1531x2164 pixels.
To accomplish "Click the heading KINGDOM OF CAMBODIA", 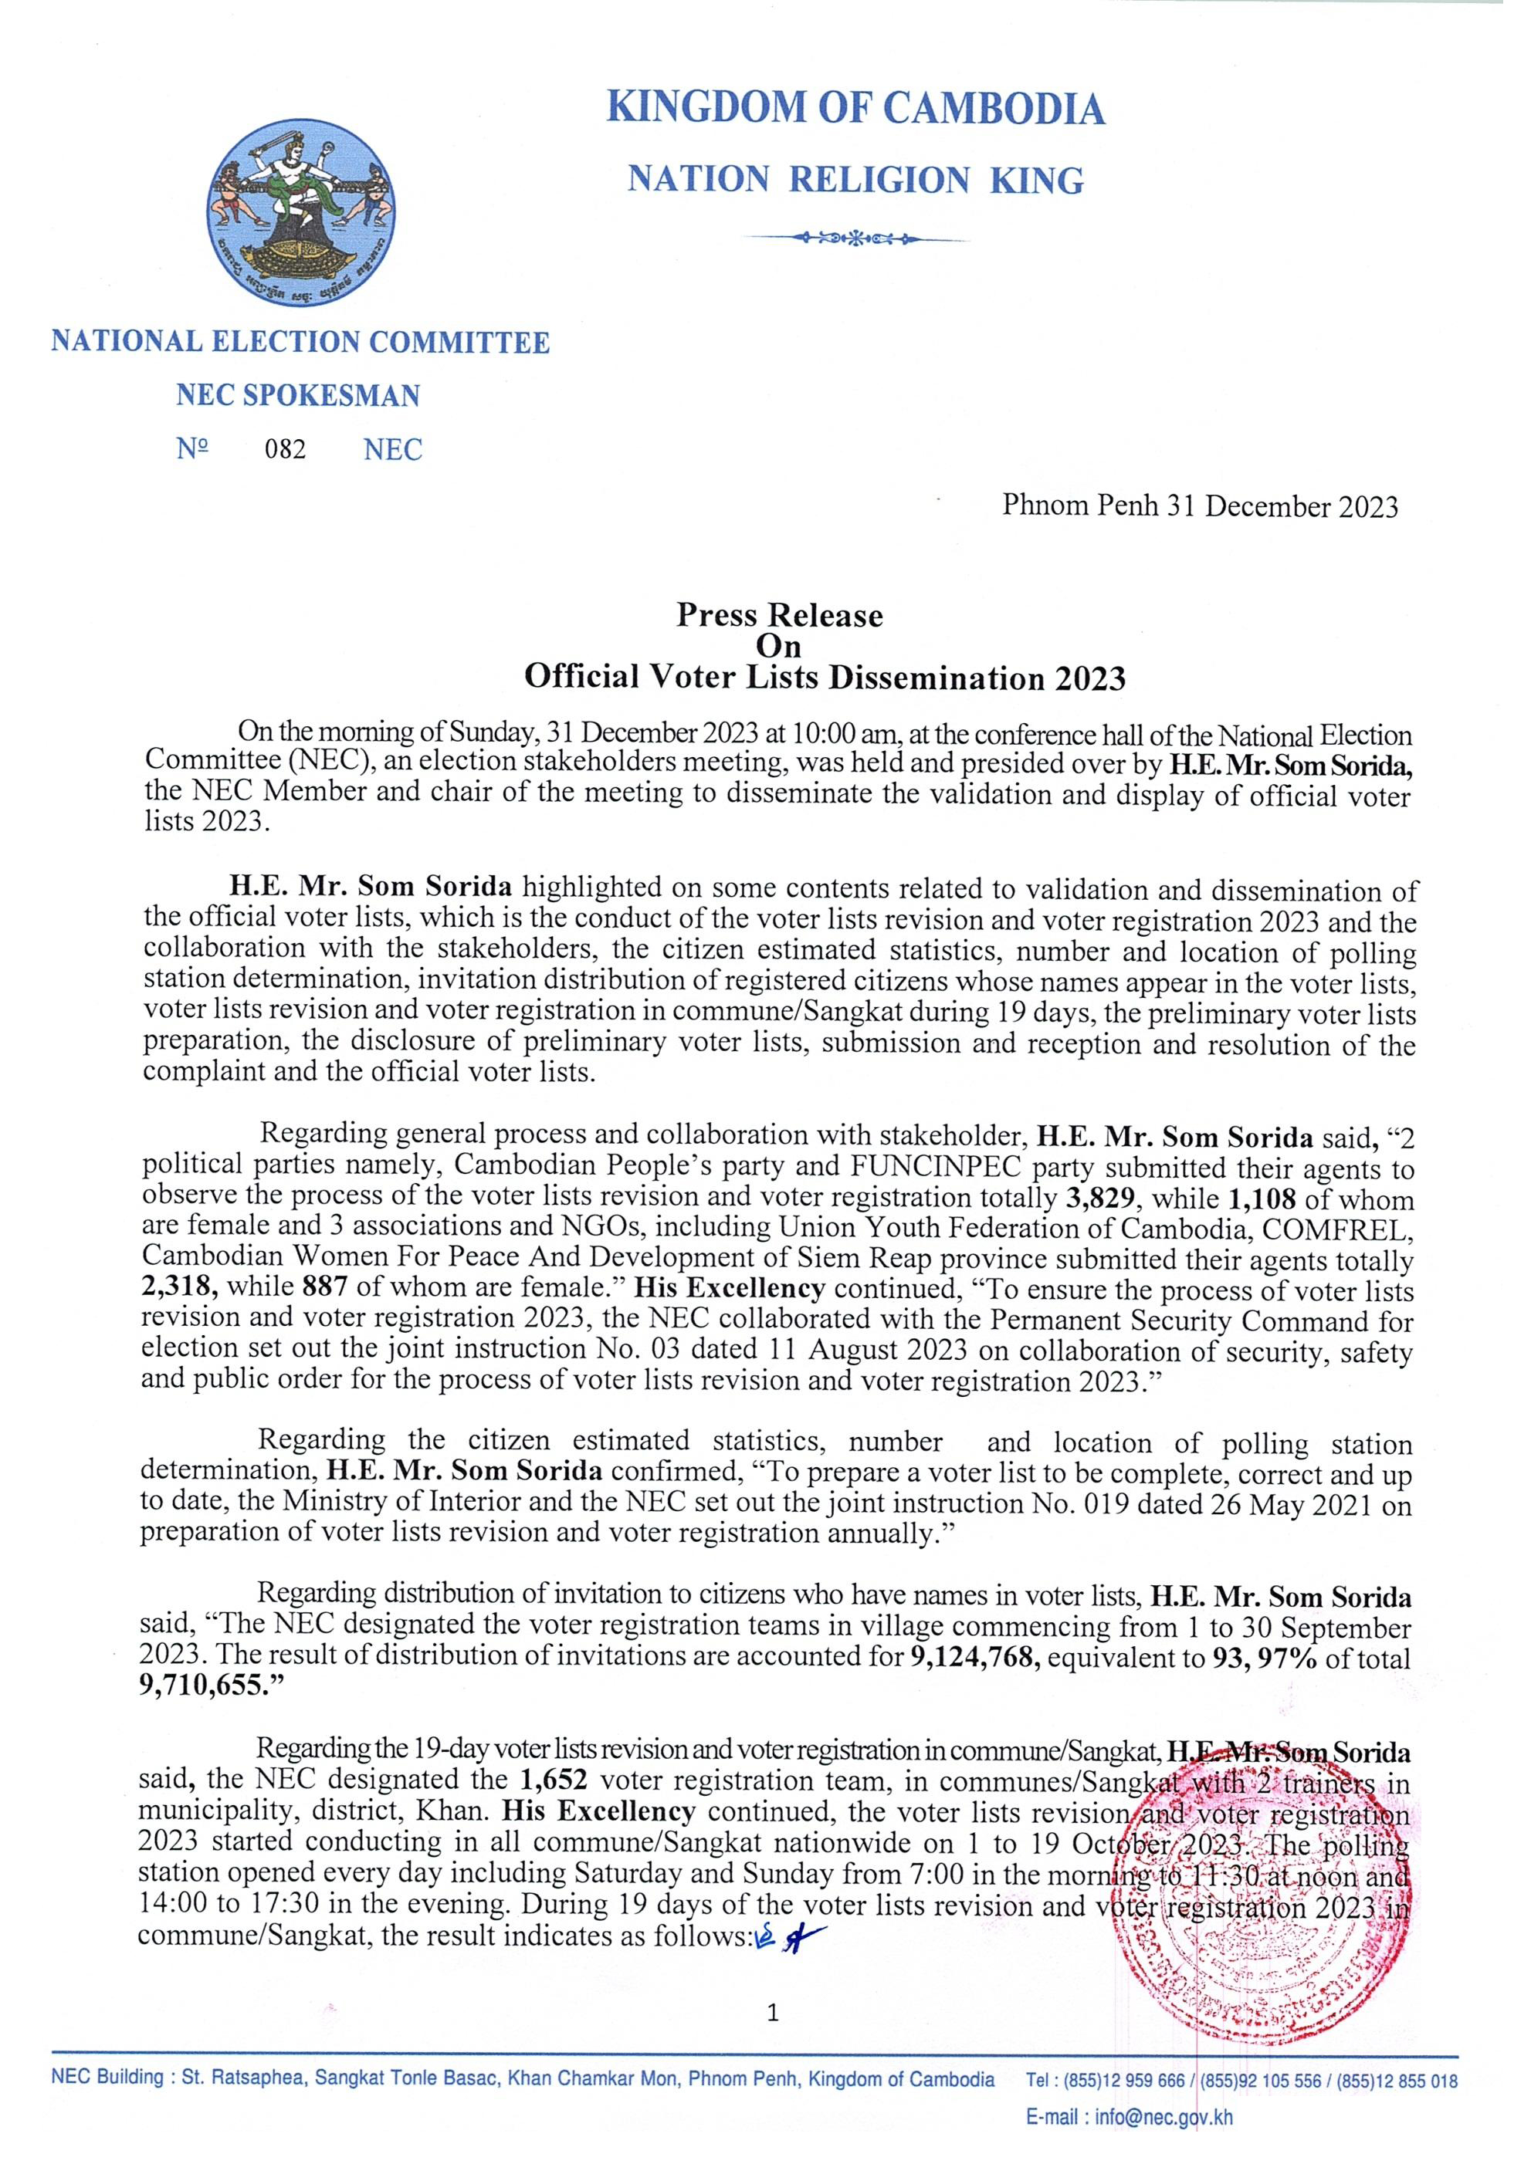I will pos(856,110).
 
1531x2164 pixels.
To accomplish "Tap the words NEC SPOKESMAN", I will pos(298,395).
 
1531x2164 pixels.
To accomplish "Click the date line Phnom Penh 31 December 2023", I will pos(1199,507).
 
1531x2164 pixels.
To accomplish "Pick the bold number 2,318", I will pos(179,1290).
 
